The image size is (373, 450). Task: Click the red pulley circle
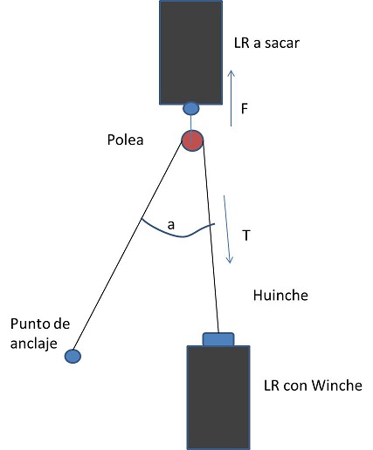pyautogui.click(x=192, y=140)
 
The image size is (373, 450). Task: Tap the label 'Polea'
pyautogui.click(x=125, y=140)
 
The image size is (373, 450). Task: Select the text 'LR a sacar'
pyautogui.click(x=266, y=44)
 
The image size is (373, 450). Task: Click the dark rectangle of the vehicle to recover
pyautogui.click(x=191, y=52)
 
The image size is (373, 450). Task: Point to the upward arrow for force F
pyautogui.click(x=231, y=99)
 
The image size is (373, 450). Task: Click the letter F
pyautogui.click(x=245, y=109)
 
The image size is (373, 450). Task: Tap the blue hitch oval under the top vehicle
pyautogui.click(x=191, y=108)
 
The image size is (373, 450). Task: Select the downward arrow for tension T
pyautogui.click(x=227, y=229)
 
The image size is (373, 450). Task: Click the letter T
pyautogui.click(x=246, y=235)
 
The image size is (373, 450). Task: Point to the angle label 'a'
pyautogui.click(x=171, y=225)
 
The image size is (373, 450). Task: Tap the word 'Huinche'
pyautogui.click(x=280, y=296)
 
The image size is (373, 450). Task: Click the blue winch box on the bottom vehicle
pyautogui.click(x=218, y=339)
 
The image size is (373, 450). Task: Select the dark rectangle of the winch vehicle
pyautogui.click(x=218, y=398)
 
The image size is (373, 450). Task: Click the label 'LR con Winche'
pyautogui.click(x=313, y=385)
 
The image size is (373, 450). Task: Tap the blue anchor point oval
pyautogui.click(x=73, y=356)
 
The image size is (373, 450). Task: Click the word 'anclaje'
pyautogui.click(x=34, y=344)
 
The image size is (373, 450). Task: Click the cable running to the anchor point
pyautogui.click(x=128, y=246)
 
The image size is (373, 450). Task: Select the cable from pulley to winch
pyautogui.click(x=211, y=236)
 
